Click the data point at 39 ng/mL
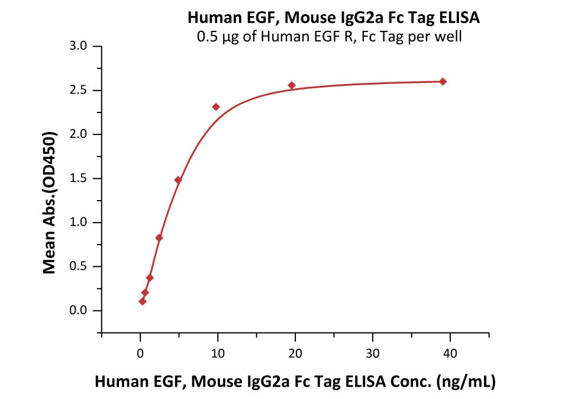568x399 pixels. [x=443, y=82]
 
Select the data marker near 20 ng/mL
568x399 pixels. [x=292, y=85]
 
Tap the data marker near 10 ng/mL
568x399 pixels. [x=216, y=107]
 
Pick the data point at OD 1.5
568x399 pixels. [x=177, y=180]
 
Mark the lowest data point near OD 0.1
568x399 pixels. [x=143, y=301]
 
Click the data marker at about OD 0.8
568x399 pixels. [x=159, y=238]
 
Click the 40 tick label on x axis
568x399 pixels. [x=450, y=354]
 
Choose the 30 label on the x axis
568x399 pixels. [x=372, y=354]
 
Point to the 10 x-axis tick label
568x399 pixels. [x=217, y=354]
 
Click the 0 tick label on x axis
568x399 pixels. [x=140, y=354]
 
